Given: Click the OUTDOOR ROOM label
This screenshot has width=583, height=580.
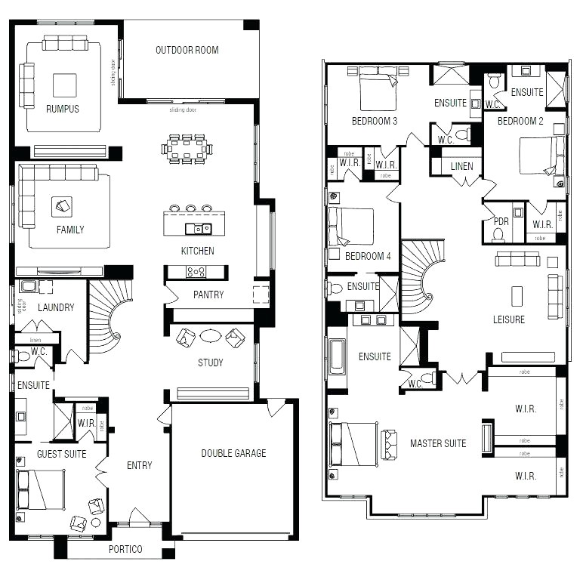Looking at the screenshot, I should coord(187,51).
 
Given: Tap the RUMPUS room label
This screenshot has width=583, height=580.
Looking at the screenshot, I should coord(62,109).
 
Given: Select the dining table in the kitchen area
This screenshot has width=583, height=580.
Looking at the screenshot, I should coord(187,148).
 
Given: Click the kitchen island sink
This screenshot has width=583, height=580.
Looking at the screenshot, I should coord(199,228).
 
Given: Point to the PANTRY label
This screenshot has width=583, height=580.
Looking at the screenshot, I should coord(208,295).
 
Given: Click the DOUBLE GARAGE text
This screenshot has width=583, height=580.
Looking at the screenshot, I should coord(233,453).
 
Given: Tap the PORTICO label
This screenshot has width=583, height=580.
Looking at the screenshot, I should coord(125,549).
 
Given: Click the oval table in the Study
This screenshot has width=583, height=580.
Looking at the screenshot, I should coord(211,336).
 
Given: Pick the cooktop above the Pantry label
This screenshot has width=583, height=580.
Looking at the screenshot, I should coord(196,271).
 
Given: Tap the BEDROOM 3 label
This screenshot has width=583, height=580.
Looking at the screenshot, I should coord(375,121).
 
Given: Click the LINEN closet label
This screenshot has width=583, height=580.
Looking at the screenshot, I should coord(462,166).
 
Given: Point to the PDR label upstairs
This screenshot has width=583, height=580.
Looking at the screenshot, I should coord(501,221).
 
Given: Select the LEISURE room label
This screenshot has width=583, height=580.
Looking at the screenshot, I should coord(509,319).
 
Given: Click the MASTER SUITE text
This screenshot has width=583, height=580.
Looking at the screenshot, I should coord(438,443).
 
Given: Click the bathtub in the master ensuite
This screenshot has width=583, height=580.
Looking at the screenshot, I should coord(337,356).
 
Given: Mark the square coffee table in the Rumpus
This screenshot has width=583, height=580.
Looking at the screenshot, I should coord(64,85).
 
